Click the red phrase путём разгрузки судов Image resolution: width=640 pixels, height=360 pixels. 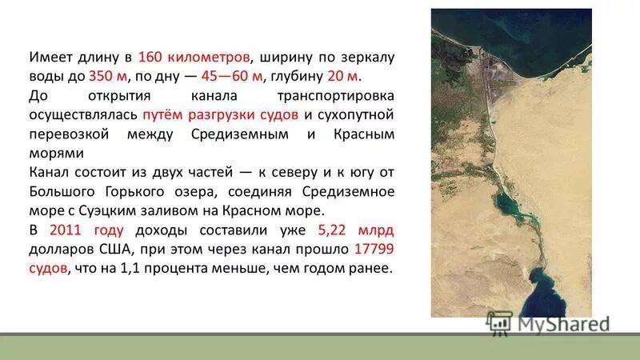(x=221, y=115)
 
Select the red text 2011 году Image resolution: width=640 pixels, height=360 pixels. (x=86, y=230)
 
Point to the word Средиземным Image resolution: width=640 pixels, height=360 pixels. (x=239, y=134)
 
